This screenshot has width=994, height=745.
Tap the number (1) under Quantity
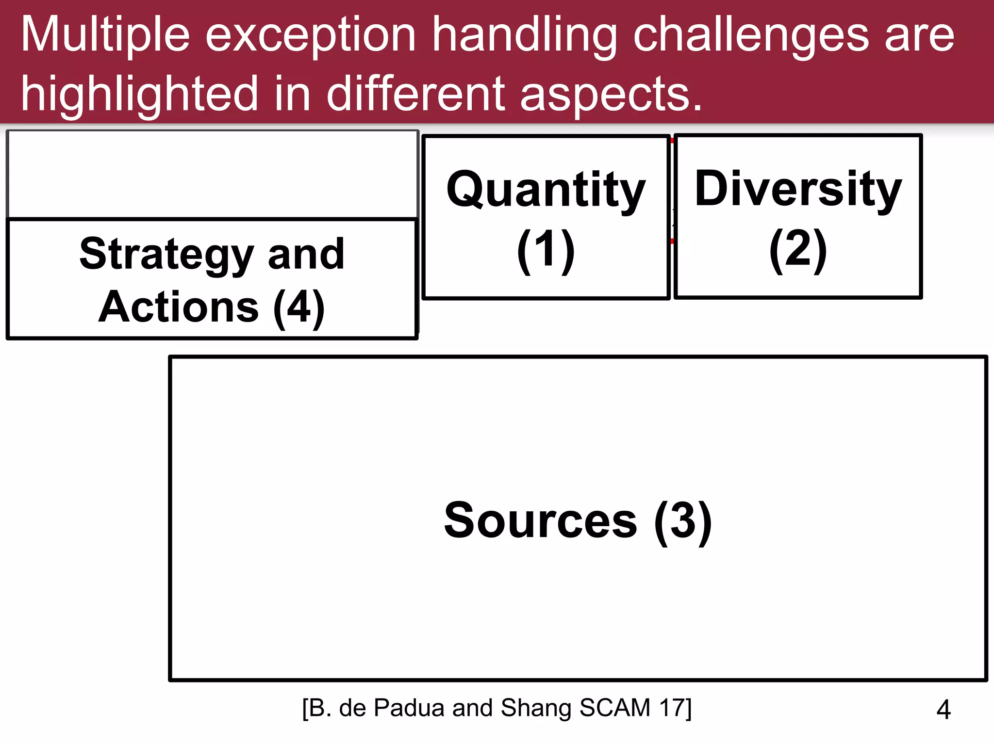(x=546, y=249)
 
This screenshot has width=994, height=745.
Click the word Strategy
(x=166, y=254)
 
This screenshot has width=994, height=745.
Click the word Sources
(x=540, y=521)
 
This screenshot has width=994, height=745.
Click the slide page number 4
(x=944, y=710)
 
